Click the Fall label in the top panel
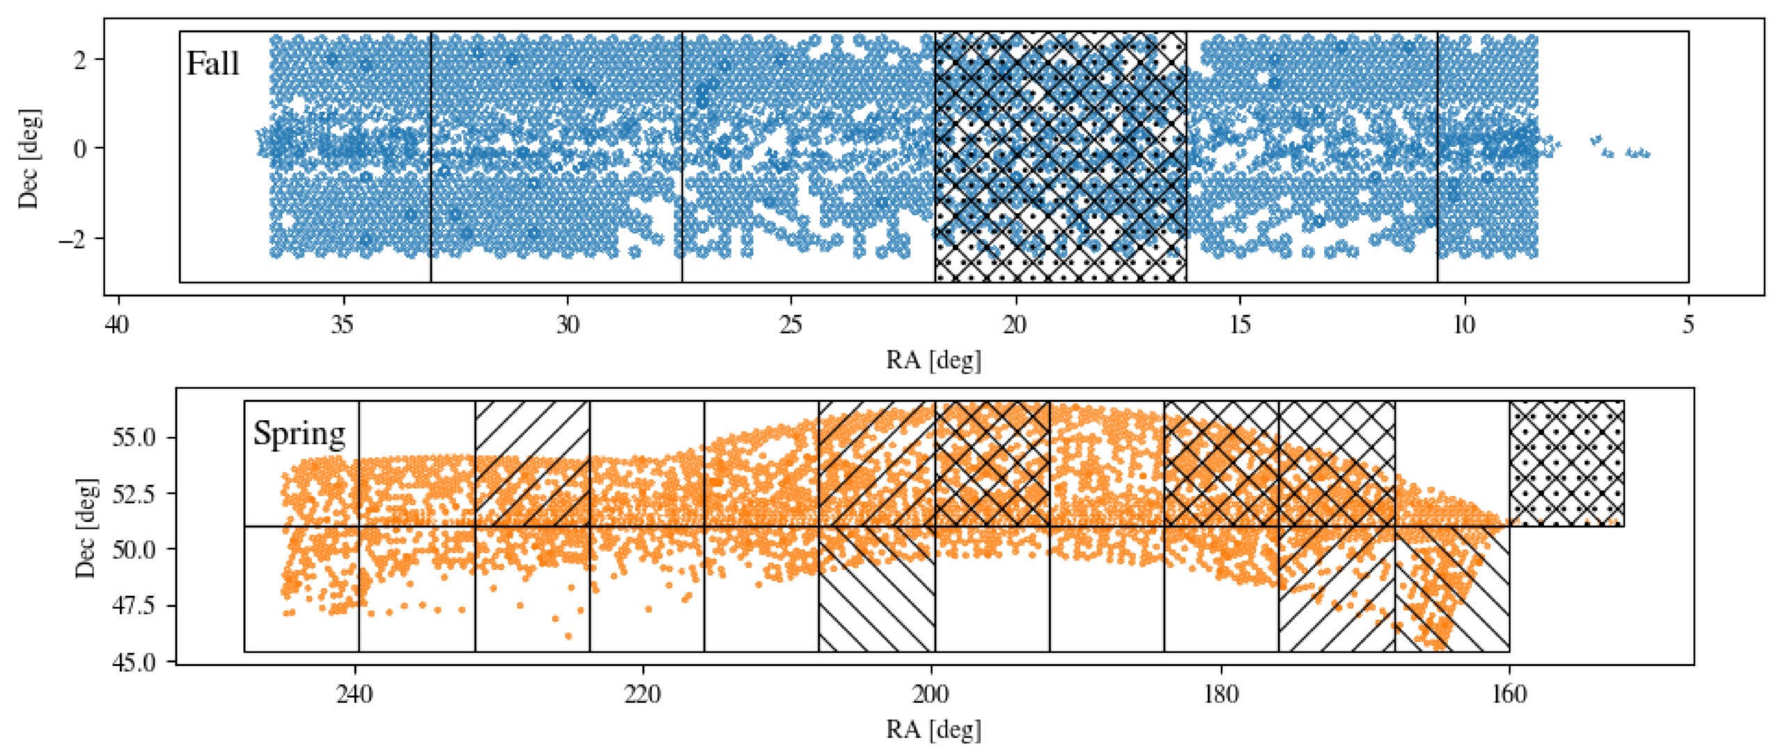pyautogui.click(x=212, y=64)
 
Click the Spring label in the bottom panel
pyautogui.click(x=299, y=433)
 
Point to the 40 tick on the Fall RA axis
pyautogui.click(x=119, y=325)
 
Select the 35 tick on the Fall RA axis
pyautogui.click(x=343, y=325)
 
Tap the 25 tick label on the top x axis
pyautogui.click(x=791, y=325)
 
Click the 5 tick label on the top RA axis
pyautogui.click(x=1688, y=325)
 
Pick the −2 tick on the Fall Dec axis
pyautogui.click(x=77, y=238)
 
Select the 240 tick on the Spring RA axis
pyautogui.click(x=356, y=695)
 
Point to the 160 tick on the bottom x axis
pyautogui.click(x=1509, y=695)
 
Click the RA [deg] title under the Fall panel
pyautogui.click(x=933, y=360)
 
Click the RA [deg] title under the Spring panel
pyautogui.click(x=933, y=730)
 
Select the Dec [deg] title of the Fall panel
pyautogui.click(x=29, y=158)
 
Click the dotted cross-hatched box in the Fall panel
pyautogui.click(x=1060, y=157)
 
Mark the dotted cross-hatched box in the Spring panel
pyautogui.click(x=1566, y=463)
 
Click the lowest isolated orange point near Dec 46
pyautogui.click(x=568, y=636)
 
